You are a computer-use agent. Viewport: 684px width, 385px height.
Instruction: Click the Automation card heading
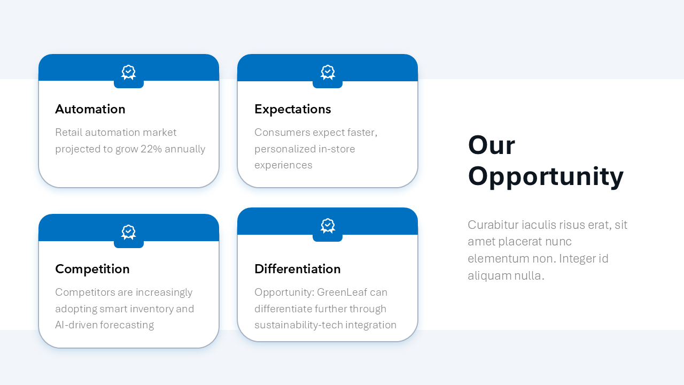90,109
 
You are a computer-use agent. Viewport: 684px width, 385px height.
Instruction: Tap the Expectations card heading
292,109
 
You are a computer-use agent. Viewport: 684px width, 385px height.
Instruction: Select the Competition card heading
92,269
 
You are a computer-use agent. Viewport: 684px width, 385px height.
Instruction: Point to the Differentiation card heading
297,269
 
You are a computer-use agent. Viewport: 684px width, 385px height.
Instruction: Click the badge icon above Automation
129,73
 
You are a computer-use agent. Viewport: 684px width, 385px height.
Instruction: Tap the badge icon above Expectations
328,73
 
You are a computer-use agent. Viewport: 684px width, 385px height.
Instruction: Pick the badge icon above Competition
129,233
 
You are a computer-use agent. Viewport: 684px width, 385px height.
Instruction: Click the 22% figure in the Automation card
151,149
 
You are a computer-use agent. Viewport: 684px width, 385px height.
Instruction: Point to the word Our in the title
491,145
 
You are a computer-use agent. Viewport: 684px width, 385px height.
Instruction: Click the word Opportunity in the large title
546,176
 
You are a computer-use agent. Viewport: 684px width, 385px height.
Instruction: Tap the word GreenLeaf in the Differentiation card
340,292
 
